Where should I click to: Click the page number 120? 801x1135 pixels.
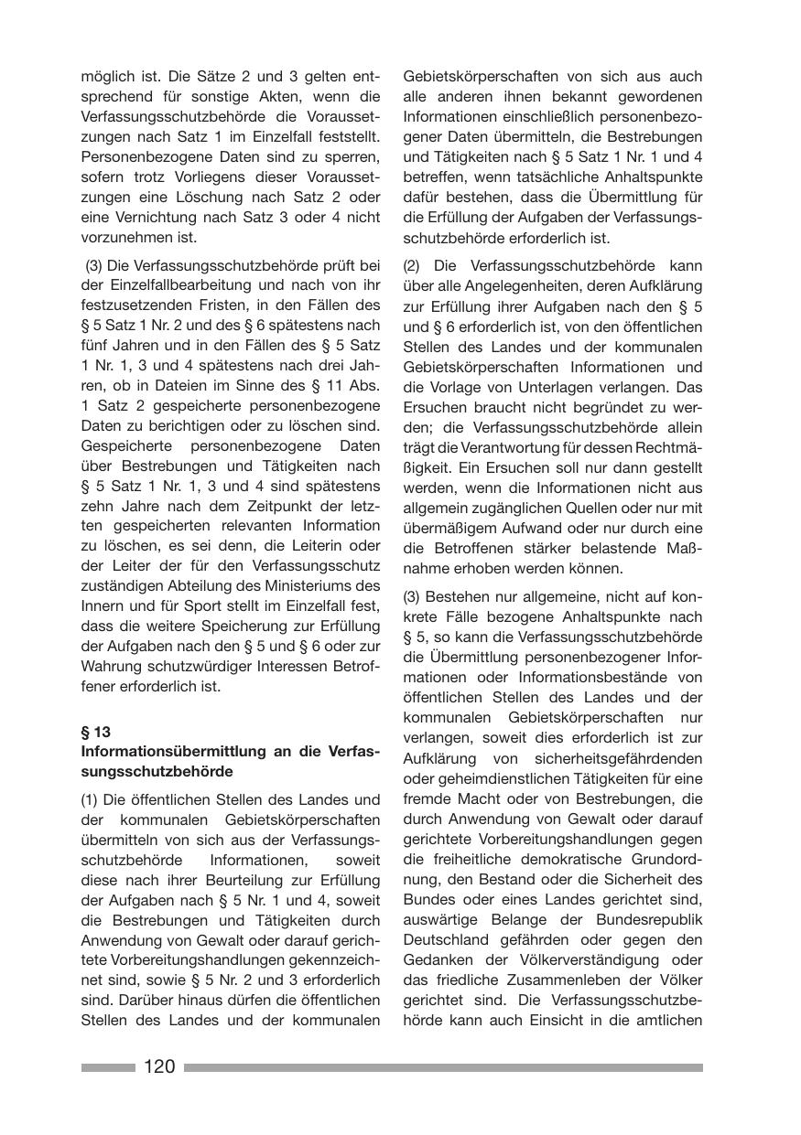pyautogui.click(x=159, y=1066)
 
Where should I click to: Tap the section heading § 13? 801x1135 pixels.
pyautogui.click(x=95, y=732)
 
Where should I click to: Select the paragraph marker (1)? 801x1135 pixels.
pyautogui.click(x=91, y=800)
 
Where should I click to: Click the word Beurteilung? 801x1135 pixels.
pyautogui.click(x=252, y=881)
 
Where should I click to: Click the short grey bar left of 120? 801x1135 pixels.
pyautogui.click(x=108, y=1067)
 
